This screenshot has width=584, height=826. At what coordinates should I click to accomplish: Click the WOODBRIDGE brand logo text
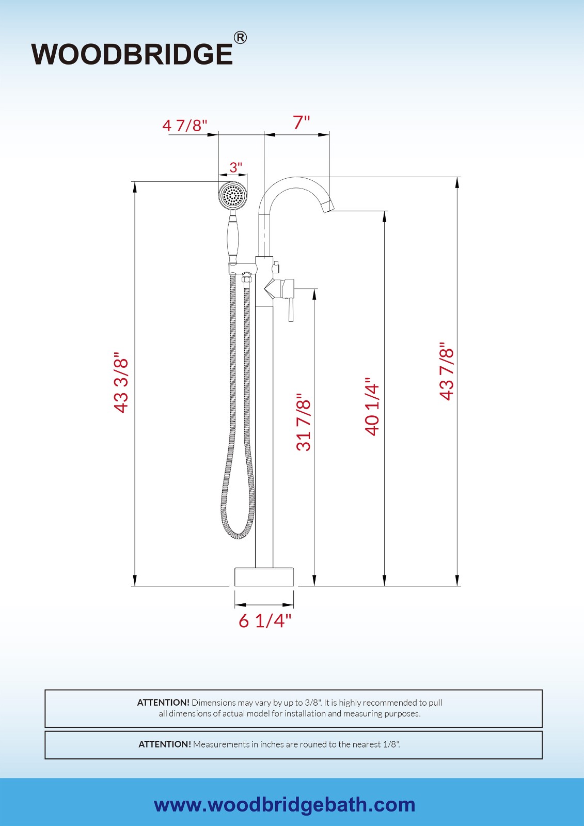[x=132, y=54]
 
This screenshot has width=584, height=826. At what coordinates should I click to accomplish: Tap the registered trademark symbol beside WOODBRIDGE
[x=240, y=38]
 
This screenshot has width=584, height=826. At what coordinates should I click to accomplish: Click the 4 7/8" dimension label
[x=185, y=126]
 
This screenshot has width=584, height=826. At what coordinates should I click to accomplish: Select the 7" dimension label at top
[x=302, y=123]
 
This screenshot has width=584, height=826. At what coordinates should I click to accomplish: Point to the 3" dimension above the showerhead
[x=235, y=167]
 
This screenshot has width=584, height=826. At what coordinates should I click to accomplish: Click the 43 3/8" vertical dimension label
[x=121, y=383]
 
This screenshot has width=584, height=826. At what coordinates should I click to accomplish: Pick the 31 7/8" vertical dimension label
[x=304, y=422]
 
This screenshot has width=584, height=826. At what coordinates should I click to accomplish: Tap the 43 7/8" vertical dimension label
[x=447, y=371]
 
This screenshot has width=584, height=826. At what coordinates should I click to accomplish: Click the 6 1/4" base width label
[x=265, y=620]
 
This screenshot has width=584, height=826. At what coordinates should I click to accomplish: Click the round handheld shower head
[x=232, y=196]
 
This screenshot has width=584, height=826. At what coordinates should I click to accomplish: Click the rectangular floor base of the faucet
[x=264, y=577]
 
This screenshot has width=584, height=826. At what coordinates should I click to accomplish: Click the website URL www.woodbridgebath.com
[x=285, y=804]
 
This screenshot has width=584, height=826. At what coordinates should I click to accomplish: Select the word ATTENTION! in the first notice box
[x=163, y=703]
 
